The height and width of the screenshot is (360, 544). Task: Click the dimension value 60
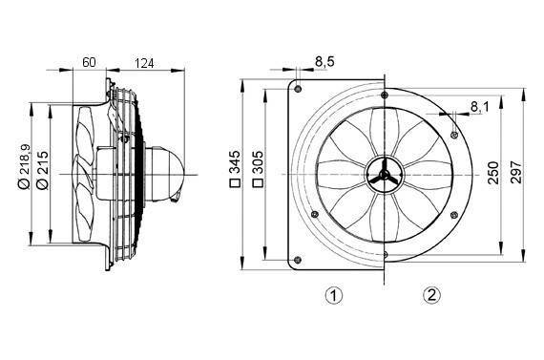tap(89, 62)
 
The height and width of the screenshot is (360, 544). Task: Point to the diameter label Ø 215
tap(41, 168)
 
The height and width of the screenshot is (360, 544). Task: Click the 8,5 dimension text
tap(324, 62)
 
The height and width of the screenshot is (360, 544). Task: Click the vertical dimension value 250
tap(492, 173)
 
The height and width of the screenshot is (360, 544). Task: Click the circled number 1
tap(333, 295)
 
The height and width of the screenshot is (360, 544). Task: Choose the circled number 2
tap(432, 295)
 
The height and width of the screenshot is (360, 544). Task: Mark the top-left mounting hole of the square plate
tap(299, 89)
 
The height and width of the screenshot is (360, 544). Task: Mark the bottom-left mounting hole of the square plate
tap(299, 257)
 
